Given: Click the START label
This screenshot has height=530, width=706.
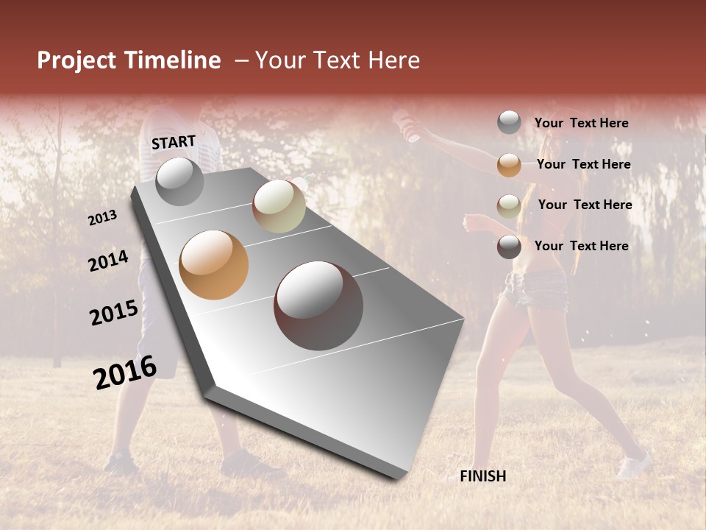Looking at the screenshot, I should (174, 142).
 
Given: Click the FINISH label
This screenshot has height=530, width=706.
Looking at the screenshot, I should (482, 476).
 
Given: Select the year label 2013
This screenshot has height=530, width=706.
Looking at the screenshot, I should (102, 218).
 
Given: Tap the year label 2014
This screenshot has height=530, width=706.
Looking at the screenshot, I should (108, 261).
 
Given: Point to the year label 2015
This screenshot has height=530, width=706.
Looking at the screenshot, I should (113, 313).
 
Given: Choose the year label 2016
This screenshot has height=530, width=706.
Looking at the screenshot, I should (125, 372).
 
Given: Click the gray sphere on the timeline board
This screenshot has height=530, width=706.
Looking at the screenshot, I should (180, 181).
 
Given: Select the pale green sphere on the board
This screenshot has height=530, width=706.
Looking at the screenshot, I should (279, 206).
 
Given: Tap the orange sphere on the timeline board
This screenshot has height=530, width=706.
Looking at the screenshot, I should (214, 265).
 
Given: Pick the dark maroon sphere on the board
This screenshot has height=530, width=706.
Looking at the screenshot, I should (318, 305).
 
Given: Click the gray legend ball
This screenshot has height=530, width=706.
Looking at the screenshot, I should (509, 123).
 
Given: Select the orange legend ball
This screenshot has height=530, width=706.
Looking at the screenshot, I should (509, 165).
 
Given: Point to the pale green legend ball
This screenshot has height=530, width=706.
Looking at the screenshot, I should (509, 205).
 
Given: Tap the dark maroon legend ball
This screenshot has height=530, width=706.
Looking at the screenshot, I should (509, 247).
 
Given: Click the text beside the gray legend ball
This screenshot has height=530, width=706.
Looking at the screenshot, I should (581, 124).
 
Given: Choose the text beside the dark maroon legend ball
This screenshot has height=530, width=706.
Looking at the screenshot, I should (581, 246).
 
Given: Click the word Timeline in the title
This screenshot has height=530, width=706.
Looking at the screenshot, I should (173, 60).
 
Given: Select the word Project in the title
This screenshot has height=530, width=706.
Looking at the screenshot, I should (76, 60).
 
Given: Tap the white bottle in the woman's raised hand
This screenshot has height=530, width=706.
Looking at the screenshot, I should (407, 126).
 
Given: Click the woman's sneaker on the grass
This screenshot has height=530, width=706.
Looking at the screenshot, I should (634, 464).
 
